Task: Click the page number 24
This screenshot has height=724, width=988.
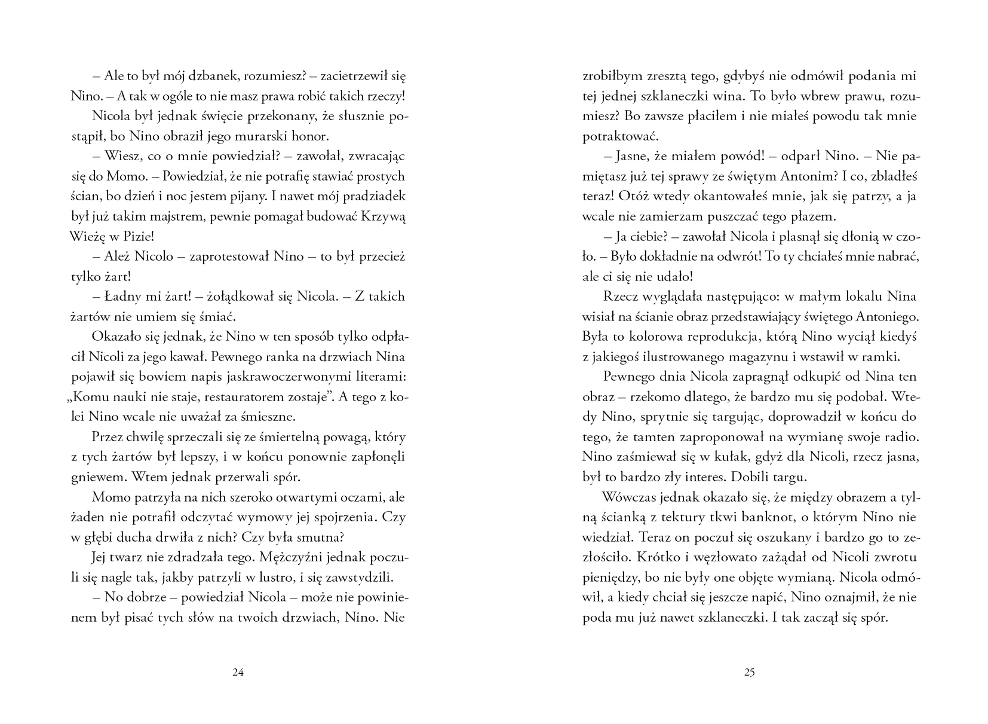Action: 238,672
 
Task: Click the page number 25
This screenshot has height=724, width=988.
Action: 750,672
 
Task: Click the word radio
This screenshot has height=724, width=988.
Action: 899,437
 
